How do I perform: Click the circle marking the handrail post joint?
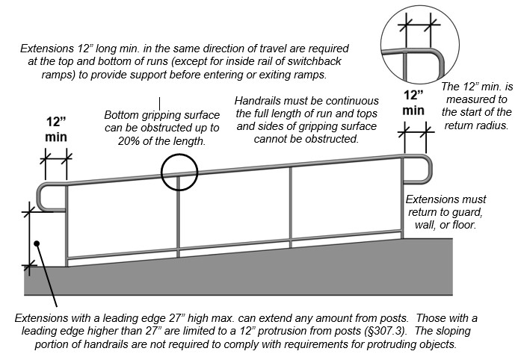(179, 173)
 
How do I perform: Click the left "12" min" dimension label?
(56, 128)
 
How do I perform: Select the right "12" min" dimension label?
(414, 102)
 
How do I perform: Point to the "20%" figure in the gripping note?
(129, 143)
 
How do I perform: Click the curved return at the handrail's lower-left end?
(42, 197)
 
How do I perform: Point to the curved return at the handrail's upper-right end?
(431, 169)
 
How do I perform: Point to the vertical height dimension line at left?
(30, 238)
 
